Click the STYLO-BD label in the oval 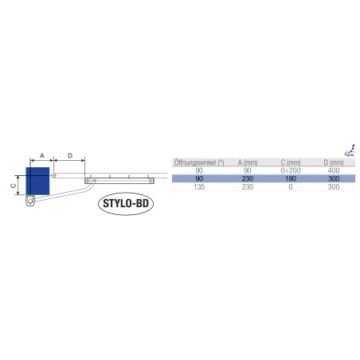[x=126, y=203]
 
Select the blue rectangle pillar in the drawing [x=37, y=181]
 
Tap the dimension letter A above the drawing [x=42, y=155]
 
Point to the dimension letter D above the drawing [x=70, y=155]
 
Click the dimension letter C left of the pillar [x=14, y=186]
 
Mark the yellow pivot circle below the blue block [x=30, y=201]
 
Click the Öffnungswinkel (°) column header [x=199, y=162]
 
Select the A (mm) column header [x=248, y=162]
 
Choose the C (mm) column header [x=291, y=162]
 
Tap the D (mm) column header [x=334, y=162]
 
